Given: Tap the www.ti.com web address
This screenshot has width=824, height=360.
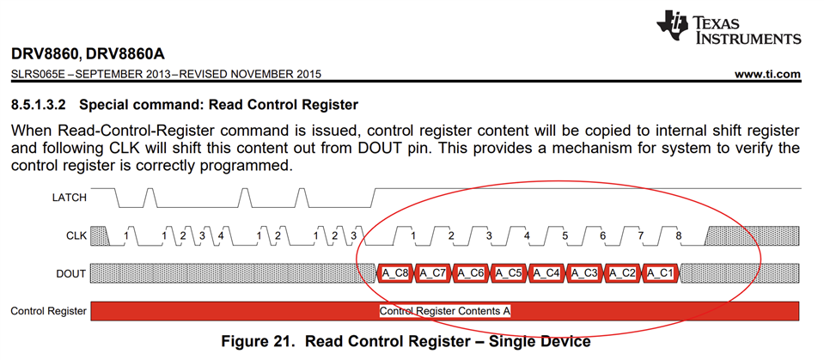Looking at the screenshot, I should point(767,74).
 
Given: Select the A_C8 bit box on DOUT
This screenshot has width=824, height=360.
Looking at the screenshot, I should point(396,273).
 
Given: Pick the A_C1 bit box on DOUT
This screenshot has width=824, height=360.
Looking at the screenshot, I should point(661,273).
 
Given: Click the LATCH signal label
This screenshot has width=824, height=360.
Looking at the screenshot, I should point(69,197).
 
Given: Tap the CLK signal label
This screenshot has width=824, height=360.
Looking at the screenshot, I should point(76,235).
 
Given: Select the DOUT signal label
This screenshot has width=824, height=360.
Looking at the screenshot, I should point(71,273).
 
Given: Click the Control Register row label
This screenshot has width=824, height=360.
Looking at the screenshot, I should point(48,310).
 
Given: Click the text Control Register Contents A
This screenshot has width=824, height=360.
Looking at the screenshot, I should point(445,310).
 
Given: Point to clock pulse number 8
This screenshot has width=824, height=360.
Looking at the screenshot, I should point(679,234).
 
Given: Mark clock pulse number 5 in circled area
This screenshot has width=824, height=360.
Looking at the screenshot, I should point(565,234).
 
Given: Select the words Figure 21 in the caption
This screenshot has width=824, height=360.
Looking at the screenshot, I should point(263,342).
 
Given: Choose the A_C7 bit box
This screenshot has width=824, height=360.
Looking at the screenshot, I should point(434,273).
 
